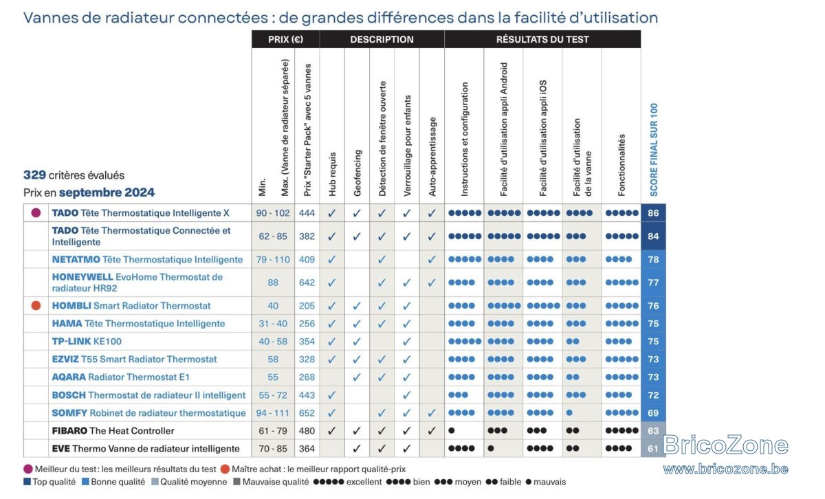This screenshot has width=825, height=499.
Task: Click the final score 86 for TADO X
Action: tap(653, 213)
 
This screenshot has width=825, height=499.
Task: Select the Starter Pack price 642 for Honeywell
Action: tap(307, 282)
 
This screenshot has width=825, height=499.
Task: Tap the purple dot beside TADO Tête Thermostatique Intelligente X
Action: tap(36, 213)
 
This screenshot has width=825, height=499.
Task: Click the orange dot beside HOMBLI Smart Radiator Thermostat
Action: tap(36, 306)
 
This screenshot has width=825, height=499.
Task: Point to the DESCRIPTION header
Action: tap(382, 39)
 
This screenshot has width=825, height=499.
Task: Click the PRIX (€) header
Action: tap(285, 39)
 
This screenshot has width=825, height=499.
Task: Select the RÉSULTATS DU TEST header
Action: tap(542, 39)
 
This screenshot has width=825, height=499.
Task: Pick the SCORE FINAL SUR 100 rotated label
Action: tap(654, 150)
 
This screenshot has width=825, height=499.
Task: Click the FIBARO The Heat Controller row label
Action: tap(113, 430)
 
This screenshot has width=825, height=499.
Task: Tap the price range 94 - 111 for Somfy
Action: tap(272, 413)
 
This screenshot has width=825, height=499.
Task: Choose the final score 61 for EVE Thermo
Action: tap(653, 449)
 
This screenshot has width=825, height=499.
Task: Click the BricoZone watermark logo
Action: tap(725, 445)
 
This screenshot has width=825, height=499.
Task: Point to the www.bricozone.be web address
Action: tap(725, 469)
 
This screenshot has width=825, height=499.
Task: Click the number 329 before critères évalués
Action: tap(34, 175)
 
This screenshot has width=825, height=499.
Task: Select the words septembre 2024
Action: tap(107, 192)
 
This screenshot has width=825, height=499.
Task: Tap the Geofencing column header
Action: tap(357, 173)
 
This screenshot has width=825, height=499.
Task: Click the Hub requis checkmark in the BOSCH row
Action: tap(332, 395)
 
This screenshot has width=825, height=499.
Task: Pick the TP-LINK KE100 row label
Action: tap(87, 342)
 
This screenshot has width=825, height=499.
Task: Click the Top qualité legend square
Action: tap(27, 482)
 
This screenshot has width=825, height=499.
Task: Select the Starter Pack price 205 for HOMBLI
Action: tap(307, 306)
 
